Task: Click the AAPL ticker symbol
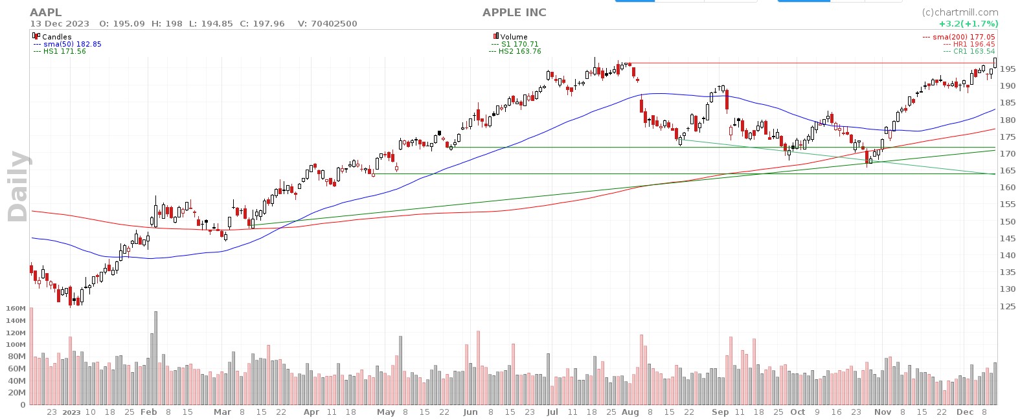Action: [x=46, y=12]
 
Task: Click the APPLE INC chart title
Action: [x=514, y=12]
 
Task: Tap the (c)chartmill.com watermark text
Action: [x=960, y=12]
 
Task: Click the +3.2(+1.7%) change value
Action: [x=968, y=23]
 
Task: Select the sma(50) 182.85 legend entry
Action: [x=71, y=44]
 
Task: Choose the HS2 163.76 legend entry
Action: [x=518, y=51]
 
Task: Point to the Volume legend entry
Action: [x=514, y=37]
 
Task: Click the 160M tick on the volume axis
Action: [x=14, y=309]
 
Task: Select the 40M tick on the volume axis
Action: [x=16, y=381]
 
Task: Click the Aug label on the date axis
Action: [x=629, y=412]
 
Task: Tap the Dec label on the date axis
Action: [x=964, y=412]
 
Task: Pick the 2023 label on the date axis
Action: [x=71, y=412]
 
